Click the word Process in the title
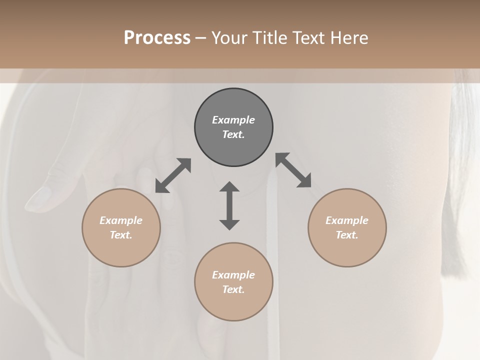157,38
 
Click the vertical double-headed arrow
229,205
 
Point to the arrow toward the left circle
173,175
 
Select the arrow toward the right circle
293,170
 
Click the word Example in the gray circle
233,120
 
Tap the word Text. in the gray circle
233,134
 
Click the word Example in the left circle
121,220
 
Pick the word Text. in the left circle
121,235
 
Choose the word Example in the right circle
347,220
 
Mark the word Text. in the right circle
347,235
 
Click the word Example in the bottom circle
233,275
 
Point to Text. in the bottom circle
233,289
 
